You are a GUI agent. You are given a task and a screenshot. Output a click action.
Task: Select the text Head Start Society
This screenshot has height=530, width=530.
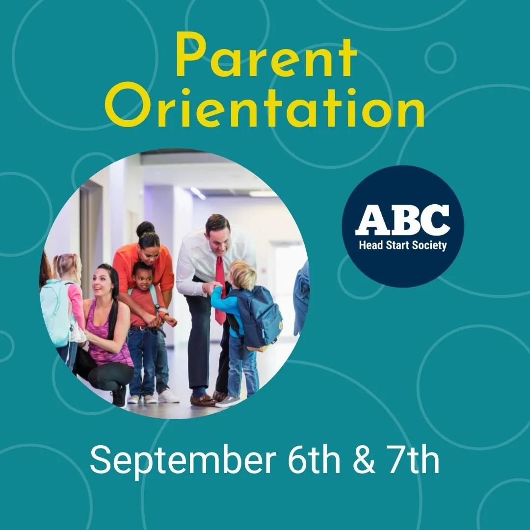tap(402, 244)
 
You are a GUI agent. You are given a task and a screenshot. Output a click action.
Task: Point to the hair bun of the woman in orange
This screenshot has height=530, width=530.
tap(145, 228)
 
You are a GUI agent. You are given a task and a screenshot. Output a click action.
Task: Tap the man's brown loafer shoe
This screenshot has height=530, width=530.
tap(203, 400)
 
